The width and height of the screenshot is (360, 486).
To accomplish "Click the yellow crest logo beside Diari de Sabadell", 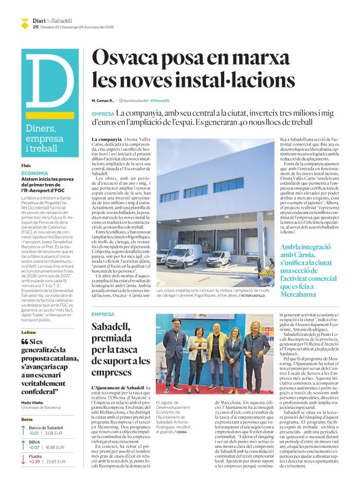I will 25,23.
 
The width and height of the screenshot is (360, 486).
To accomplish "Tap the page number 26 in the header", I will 35,27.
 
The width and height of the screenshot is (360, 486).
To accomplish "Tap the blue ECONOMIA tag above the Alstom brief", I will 34,173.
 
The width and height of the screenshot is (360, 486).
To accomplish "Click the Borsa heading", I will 27,419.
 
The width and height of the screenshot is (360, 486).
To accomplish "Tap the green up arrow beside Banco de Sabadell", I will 24,430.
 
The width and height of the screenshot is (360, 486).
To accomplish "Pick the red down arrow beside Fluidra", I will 24,459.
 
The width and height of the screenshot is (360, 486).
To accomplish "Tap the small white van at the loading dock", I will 219,258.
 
